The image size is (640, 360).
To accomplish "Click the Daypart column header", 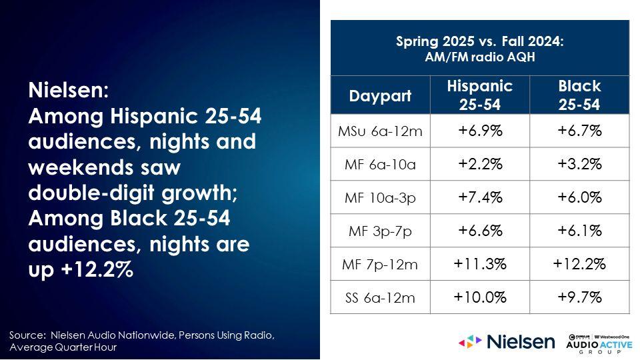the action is tap(380, 96).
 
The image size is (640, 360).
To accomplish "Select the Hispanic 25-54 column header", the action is tap(479, 95).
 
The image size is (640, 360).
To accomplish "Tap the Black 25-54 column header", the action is tap(579, 95).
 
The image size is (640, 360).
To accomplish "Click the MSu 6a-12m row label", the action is tap(380, 131).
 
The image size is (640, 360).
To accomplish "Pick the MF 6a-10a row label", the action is tap(380, 165).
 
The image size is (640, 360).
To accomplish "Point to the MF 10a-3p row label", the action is tap(380, 198).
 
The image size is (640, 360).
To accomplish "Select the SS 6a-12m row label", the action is tap(380, 297).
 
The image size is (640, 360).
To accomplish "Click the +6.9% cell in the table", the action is tap(480, 131).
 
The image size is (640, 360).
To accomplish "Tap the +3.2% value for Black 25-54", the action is tap(579, 164).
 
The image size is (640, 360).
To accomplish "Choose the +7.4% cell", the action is tap(480, 197).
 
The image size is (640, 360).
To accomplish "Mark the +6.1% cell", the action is tap(579, 231).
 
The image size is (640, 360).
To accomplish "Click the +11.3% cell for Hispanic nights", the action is tap(480, 264).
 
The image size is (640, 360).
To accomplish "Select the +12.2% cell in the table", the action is tap(579, 264).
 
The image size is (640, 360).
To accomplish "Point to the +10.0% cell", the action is tap(480, 297).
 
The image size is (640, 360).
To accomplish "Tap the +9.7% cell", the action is tap(579, 297).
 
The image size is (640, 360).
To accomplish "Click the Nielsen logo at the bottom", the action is tap(507, 341).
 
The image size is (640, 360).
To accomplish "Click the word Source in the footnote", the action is tap(27, 335).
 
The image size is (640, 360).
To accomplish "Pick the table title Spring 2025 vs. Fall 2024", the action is tap(479, 41).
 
